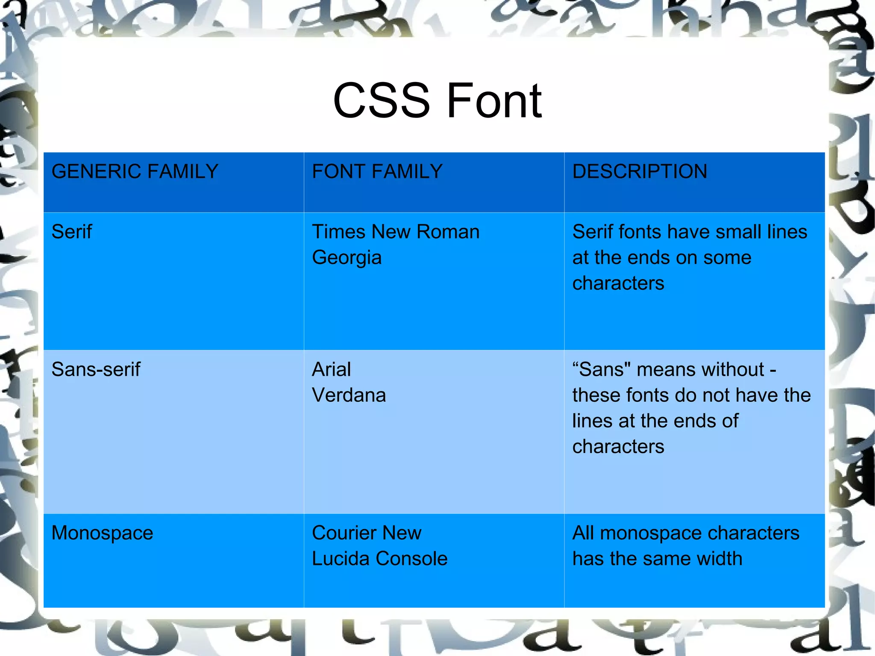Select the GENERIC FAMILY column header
click(x=135, y=171)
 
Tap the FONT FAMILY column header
click(x=377, y=171)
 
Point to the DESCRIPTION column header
click(x=639, y=171)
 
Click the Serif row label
click(x=71, y=232)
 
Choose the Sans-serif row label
click(x=96, y=370)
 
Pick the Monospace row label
click(x=102, y=533)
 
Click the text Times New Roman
click(x=396, y=232)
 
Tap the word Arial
click(x=331, y=370)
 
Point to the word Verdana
click(x=349, y=395)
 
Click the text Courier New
click(x=367, y=533)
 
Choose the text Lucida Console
click(x=379, y=559)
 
